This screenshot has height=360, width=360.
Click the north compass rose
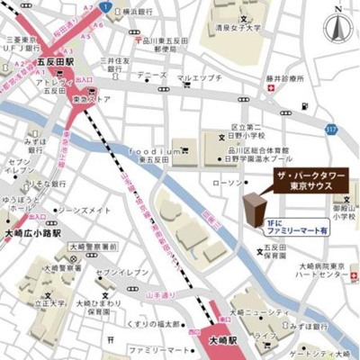[x=339, y=26]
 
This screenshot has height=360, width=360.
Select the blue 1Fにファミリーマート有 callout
[x=298, y=225]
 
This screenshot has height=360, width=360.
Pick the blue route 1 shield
[x=105, y=7]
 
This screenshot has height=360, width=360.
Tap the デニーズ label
[x=152, y=75]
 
